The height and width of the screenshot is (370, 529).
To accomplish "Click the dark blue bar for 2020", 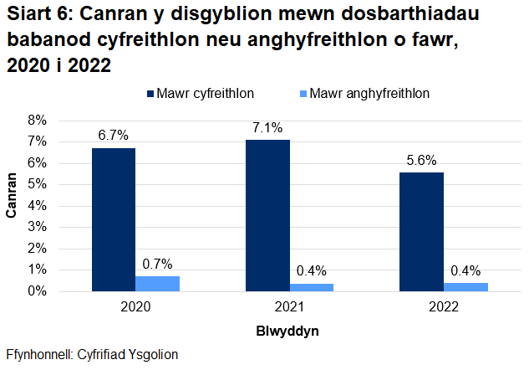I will coord(114,219).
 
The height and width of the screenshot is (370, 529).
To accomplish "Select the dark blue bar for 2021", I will coord(267,215).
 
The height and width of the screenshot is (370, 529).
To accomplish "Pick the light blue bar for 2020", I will coord(157,284).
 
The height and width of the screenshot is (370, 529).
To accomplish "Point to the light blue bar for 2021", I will coord(311,287).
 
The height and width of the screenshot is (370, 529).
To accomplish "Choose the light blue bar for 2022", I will coord(465,287).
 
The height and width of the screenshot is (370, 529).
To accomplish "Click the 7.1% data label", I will coord(267,127).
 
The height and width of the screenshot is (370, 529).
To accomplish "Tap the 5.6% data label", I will coord(421,160).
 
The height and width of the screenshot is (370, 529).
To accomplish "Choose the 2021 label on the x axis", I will coord(289,307).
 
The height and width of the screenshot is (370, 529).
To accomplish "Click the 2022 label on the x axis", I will coord(443,307).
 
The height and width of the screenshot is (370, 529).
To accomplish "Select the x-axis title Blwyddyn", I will coord(287,331).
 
